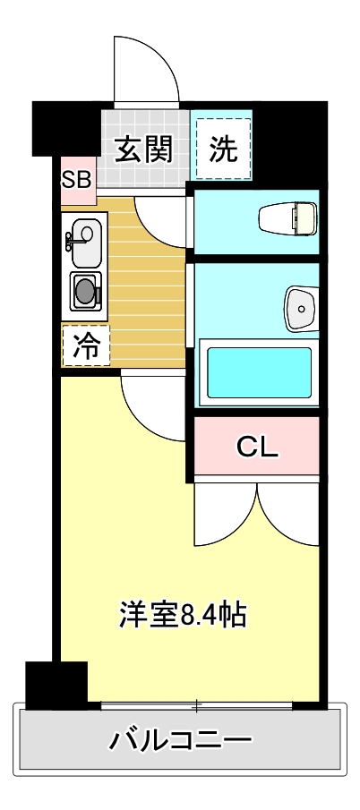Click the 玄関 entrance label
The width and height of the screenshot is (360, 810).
pos(143,149)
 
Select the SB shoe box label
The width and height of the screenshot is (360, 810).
pos(76,178)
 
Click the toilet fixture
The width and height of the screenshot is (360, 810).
pos(287,217)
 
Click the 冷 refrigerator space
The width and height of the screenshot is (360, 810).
pos(86,345)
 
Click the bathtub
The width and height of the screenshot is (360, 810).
pos(259,371)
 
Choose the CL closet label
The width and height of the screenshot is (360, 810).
pos(257,447)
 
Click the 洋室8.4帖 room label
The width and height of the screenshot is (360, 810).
pos(184,615)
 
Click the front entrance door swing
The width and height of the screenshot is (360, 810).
pos(147,72)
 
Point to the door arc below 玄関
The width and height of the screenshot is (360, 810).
pos(161,219)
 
